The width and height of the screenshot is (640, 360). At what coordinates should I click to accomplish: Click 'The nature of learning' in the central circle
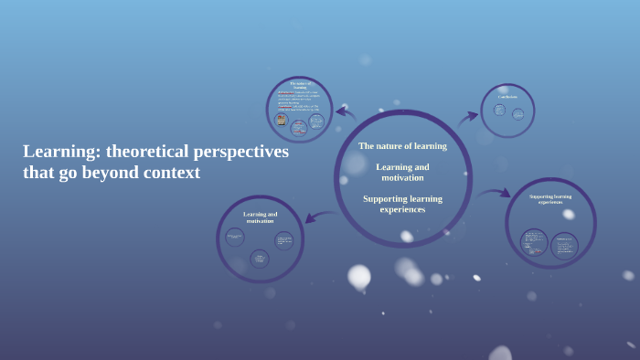(x=402, y=146)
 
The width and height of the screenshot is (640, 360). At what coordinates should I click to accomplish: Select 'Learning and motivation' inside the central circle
(x=402, y=172)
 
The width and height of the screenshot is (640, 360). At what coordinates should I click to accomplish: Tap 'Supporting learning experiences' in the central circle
(x=402, y=204)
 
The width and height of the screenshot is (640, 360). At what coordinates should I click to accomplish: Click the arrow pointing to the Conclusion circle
(x=468, y=116)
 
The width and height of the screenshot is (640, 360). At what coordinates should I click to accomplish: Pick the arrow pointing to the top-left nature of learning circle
(x=345, y=113)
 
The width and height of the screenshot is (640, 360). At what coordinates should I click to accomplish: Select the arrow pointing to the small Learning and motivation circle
(x=319, y=217)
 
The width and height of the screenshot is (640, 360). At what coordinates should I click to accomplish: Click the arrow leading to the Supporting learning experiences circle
(x=494, y=193)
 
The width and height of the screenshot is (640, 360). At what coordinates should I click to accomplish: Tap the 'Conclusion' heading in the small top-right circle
(x=507, y=97)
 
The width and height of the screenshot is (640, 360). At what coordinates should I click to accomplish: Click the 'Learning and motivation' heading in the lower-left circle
(x=261, y=217)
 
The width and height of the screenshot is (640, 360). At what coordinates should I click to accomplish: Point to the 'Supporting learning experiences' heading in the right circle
(x=550, y=198)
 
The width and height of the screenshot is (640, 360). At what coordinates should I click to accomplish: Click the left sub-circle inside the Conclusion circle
(x=499, y=111)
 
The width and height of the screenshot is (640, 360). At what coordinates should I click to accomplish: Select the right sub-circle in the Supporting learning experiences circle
(x=564, y=245)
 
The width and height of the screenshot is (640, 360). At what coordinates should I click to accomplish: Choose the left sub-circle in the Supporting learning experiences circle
(x=534, y=242)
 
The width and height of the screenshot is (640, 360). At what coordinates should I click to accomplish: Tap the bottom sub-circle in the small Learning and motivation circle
(x=260, y=259)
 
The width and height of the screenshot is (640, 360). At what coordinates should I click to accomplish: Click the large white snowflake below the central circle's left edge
(x=359, y=276)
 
